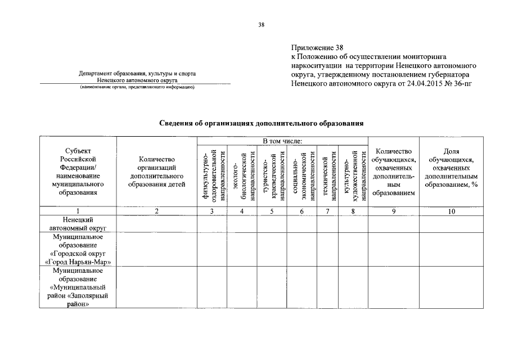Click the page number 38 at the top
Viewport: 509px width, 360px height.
point(261,25)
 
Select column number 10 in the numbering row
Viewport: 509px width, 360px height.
point(451,211)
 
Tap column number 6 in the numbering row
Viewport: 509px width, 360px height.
point(301,211)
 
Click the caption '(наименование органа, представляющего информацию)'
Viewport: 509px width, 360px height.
point(137,88)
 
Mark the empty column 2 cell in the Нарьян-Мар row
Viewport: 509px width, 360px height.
point(156,249)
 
